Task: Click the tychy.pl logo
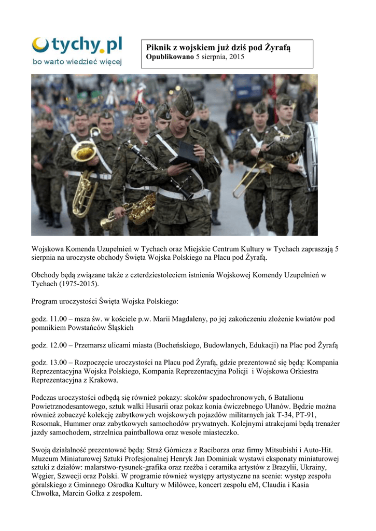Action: click(x=77, y=51)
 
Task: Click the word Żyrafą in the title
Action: click(x=278, y=48)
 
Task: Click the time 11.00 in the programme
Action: click(x=59, y=318)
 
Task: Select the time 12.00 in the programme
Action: click(x=59, y=345)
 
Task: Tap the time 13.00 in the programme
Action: click(x=59, y=362)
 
